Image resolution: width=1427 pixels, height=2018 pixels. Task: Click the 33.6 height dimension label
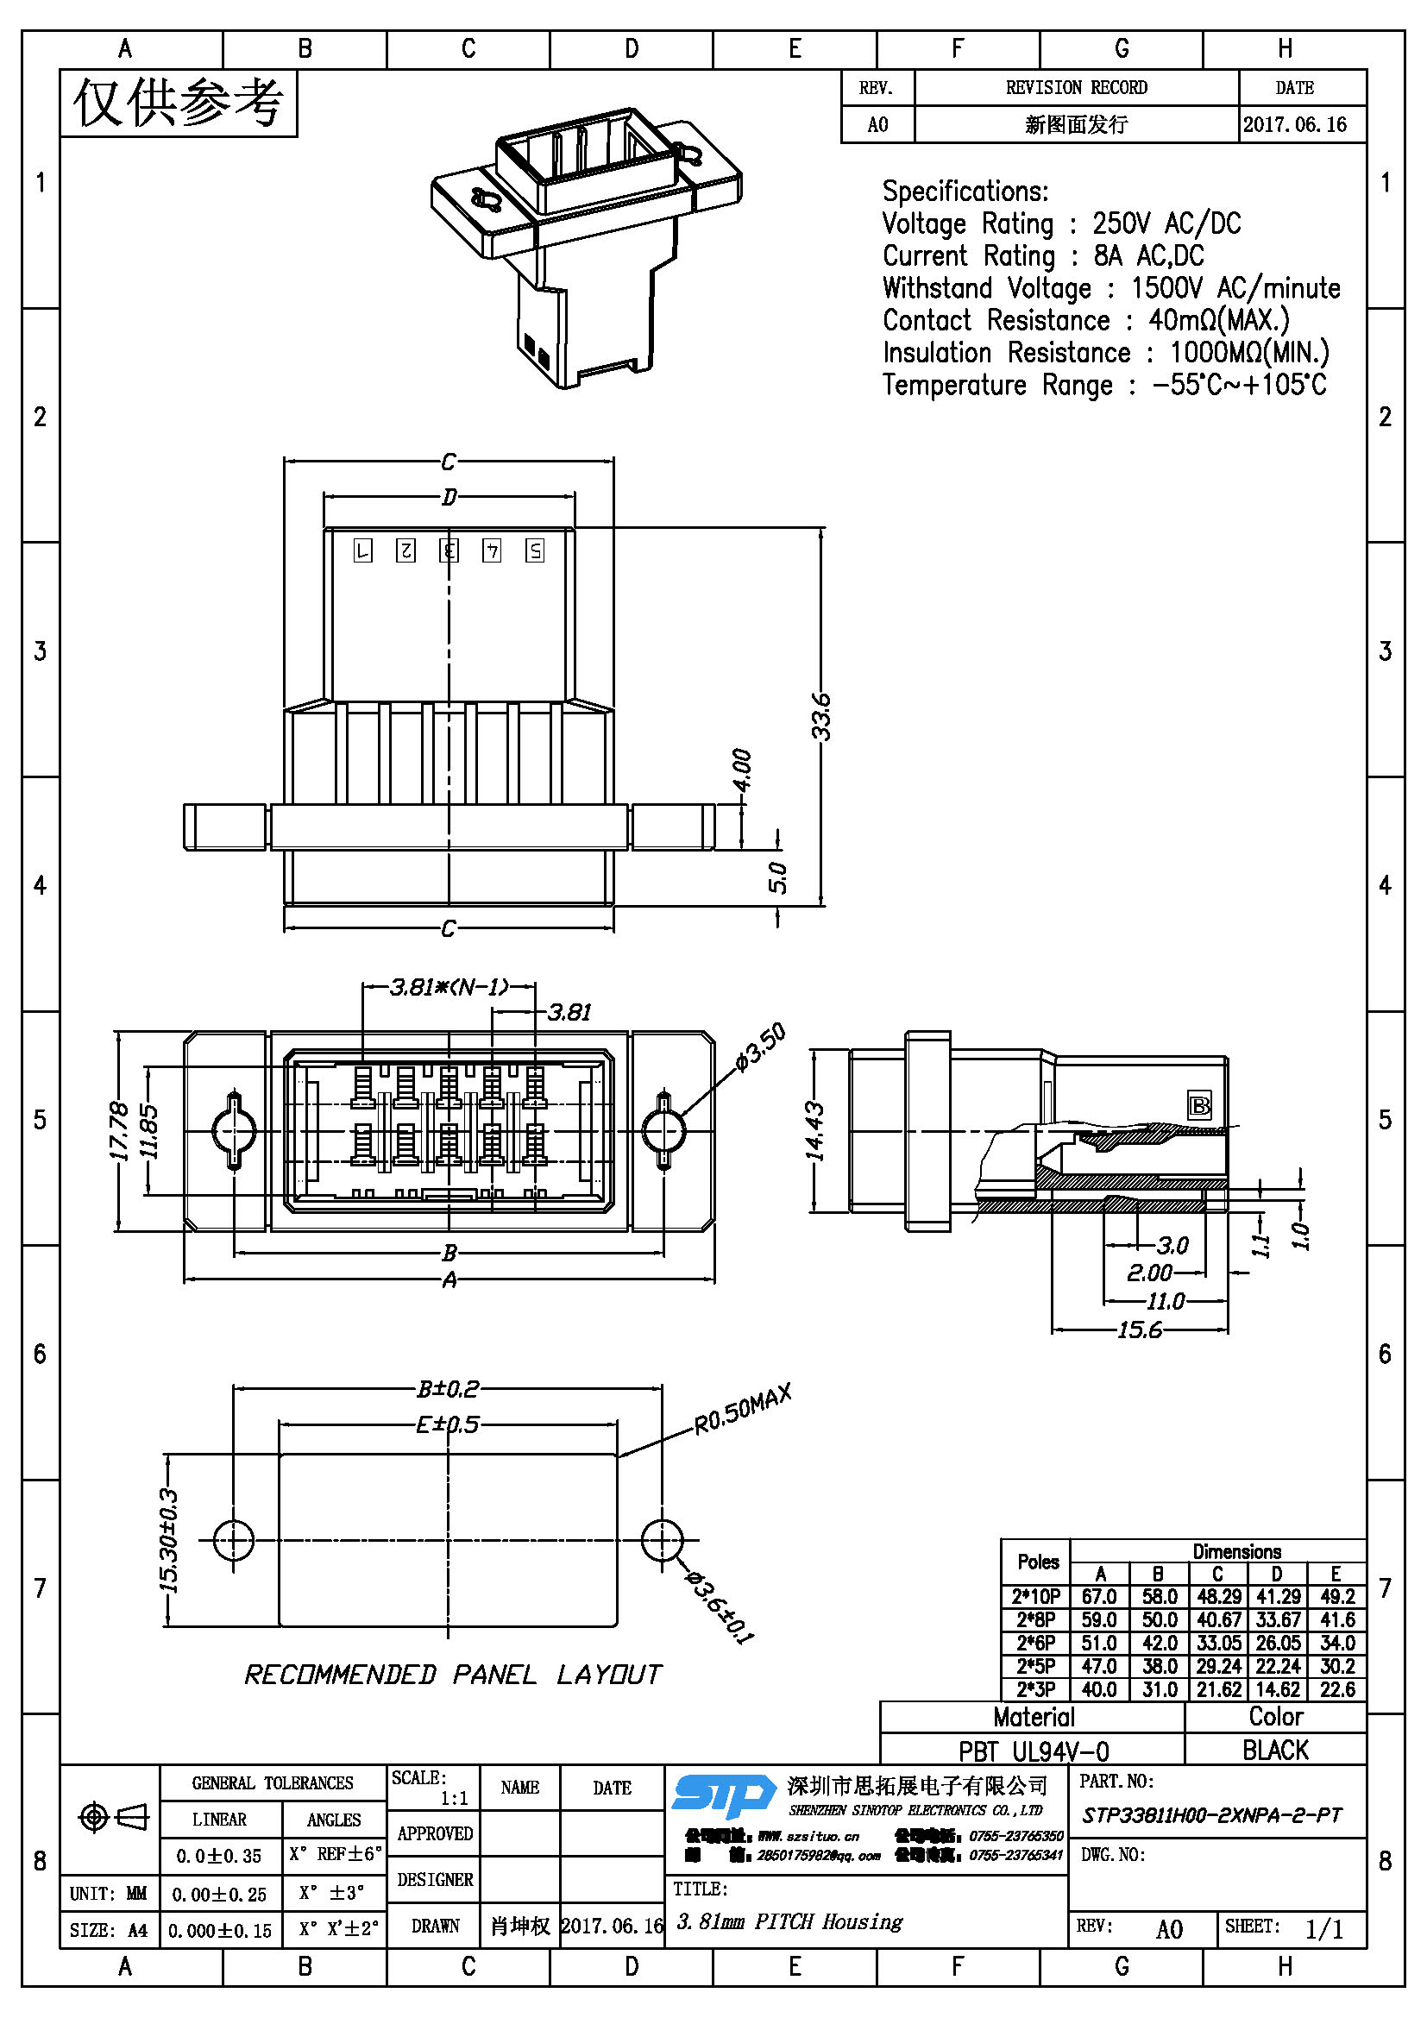[820, 716]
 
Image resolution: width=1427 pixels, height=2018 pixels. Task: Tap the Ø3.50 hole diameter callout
[760, 1047]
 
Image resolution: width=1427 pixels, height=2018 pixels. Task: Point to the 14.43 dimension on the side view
[815, 1131]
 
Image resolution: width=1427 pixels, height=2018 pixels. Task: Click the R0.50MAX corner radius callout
[743, 1408]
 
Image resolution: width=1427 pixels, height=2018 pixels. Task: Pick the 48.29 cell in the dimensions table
[1217, 1597]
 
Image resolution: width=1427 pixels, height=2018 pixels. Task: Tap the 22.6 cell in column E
[1336, 1689]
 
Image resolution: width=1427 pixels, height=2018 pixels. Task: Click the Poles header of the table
[1038, 1562]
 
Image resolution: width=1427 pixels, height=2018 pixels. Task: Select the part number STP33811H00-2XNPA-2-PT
[1211, 1816]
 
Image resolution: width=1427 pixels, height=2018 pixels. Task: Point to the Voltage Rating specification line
[1060, 224]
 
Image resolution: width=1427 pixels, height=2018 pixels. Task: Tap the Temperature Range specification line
[1103, 385]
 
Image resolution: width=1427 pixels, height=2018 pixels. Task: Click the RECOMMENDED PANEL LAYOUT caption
[453, 1675]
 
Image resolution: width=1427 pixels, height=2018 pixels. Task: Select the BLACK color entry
[1275, 1750]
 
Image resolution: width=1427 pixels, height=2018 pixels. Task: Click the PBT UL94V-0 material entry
[1034, 1751]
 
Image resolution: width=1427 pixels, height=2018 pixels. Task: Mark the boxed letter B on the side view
[1198, 1106]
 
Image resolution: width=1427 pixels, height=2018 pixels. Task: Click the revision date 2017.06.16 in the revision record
[1294, 125]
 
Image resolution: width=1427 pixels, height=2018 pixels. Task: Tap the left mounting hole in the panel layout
[234, 1540]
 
